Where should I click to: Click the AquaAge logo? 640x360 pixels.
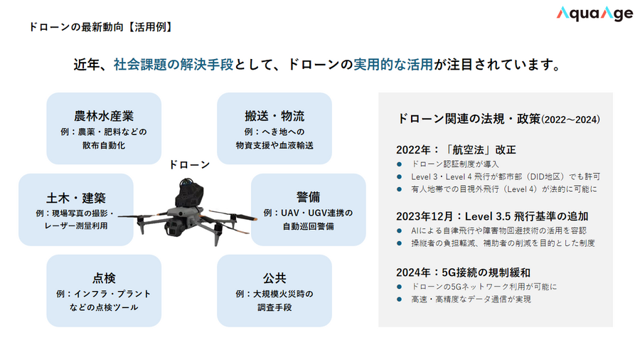tap(594, 14)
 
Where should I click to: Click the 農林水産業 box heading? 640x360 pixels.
tap(104, 115)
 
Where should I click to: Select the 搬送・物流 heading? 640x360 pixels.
tap(274, 115)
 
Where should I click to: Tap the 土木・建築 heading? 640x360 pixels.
tap(75, 197)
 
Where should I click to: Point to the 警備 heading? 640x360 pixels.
tap(309, 196)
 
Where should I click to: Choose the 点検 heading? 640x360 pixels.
tap(104, 277)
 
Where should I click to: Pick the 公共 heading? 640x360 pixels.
tap(274, 277)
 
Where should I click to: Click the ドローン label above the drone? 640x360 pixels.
tap(189, 164)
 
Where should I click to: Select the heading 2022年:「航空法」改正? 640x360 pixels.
tap(455, 150)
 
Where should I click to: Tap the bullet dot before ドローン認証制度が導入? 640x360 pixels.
tap(400, 164)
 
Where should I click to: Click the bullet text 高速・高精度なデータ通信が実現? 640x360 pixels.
tap(471, 300)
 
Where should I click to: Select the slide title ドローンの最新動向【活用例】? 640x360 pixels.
tap(100, 27)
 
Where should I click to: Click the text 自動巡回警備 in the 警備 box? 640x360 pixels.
tap(309, 226)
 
